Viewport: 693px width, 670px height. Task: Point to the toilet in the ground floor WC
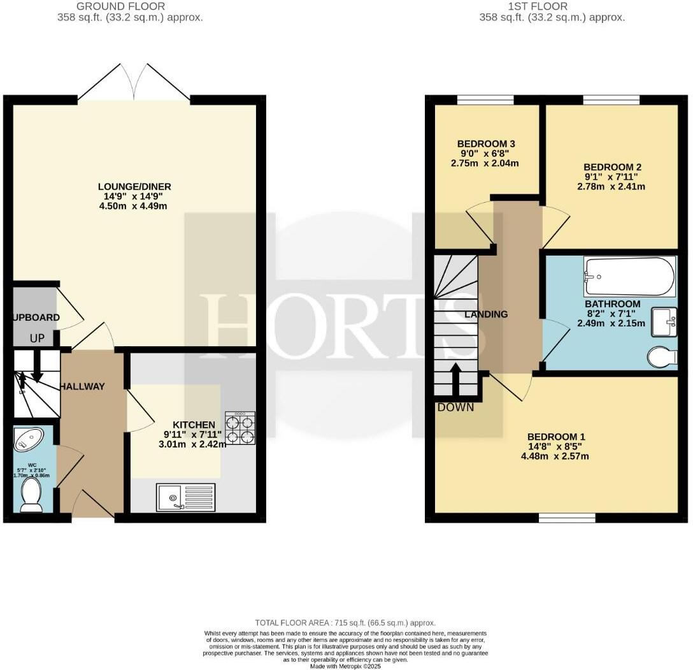pos(31,495)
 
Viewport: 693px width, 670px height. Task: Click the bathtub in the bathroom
pos(629,276)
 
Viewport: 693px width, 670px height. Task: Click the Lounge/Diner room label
pos(134,187)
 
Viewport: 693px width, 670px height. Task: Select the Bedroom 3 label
pos(486,143)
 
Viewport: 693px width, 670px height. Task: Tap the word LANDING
pos(486,314)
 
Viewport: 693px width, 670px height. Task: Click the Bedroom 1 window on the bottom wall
pos(567,518)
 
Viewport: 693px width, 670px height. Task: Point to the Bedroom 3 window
pos(485,99)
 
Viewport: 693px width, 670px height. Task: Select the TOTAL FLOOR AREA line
pos(345,622)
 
